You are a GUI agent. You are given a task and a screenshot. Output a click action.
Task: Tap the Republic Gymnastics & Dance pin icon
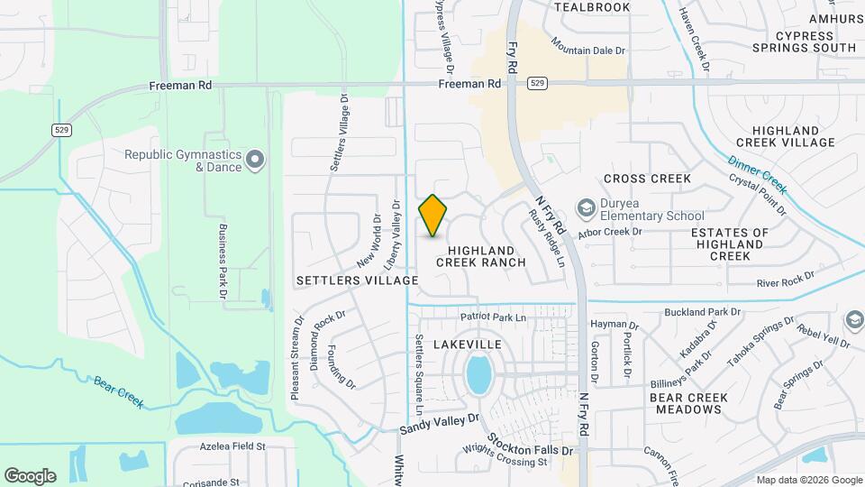255,161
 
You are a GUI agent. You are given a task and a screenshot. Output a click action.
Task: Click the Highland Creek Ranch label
480,256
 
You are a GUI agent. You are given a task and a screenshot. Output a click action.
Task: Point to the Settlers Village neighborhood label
357,280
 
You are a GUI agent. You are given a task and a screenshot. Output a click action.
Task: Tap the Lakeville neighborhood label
467,345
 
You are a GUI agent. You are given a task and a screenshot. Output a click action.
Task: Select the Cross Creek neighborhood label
647,179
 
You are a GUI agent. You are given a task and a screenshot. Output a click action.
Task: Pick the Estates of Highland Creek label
730,244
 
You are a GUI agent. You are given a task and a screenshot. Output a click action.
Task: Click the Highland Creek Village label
785,136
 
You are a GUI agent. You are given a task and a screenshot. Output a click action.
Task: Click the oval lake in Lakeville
478,374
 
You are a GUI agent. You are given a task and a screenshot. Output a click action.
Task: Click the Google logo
30,475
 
